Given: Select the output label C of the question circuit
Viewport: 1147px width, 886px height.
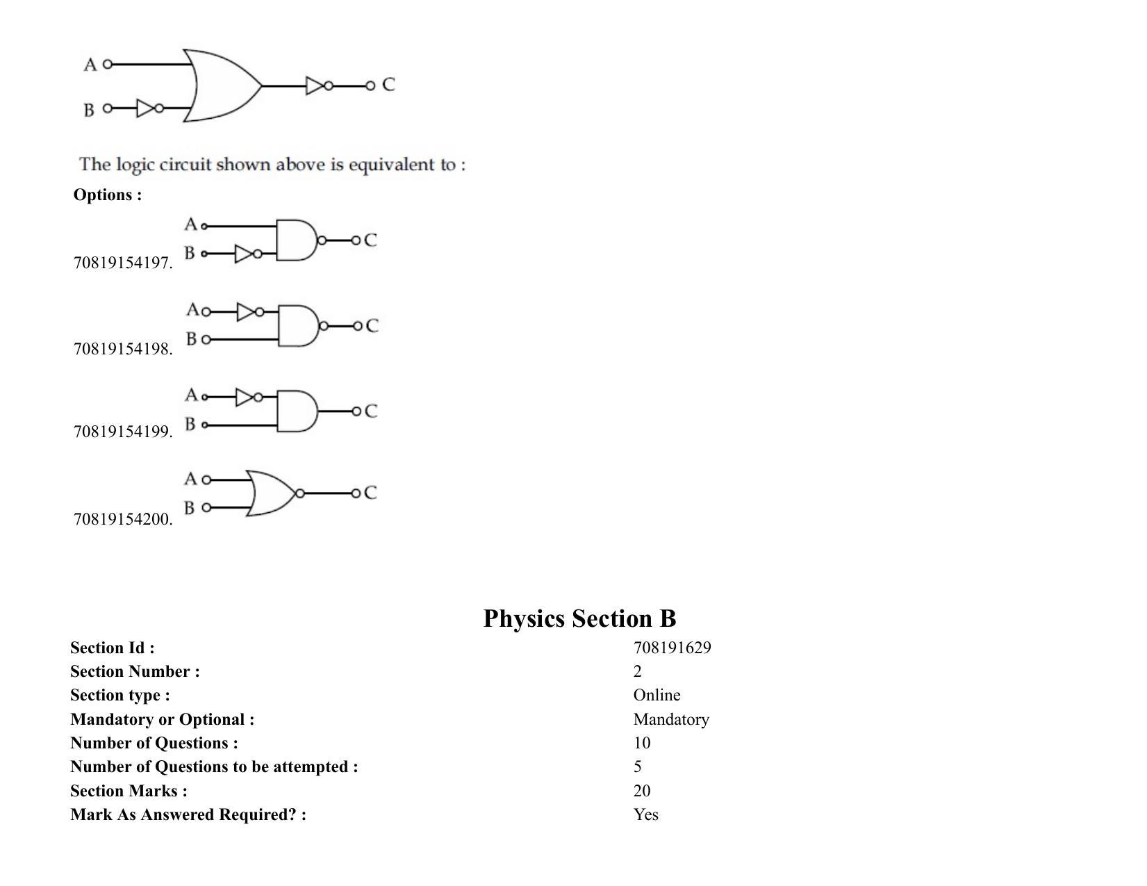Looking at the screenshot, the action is coord(388,85).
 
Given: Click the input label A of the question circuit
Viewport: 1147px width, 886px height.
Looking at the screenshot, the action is coord(90,65).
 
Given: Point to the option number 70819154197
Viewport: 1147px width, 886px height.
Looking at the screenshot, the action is coord(123,263).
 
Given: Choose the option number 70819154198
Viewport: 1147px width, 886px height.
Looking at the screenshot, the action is coord(123,348).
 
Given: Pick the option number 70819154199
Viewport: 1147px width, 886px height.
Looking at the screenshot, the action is coord(123,432).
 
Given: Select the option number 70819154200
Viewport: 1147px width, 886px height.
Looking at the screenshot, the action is coord(123,519).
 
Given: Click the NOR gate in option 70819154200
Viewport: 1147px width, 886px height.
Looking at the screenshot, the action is coord(272,493).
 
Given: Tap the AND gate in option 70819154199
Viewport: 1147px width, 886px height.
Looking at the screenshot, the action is coord(297,411).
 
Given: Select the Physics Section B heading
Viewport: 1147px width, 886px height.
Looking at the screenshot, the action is coord(579,618).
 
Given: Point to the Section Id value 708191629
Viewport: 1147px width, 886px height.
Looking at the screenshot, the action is coord(672,648).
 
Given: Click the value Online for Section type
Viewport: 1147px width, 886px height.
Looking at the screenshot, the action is coord(657,695).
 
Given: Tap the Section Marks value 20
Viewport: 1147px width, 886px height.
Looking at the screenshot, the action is coord(642,790).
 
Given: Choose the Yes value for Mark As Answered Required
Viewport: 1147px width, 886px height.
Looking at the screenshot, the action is coord(645,814).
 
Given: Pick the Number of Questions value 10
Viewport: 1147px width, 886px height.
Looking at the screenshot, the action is coord(642,743).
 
